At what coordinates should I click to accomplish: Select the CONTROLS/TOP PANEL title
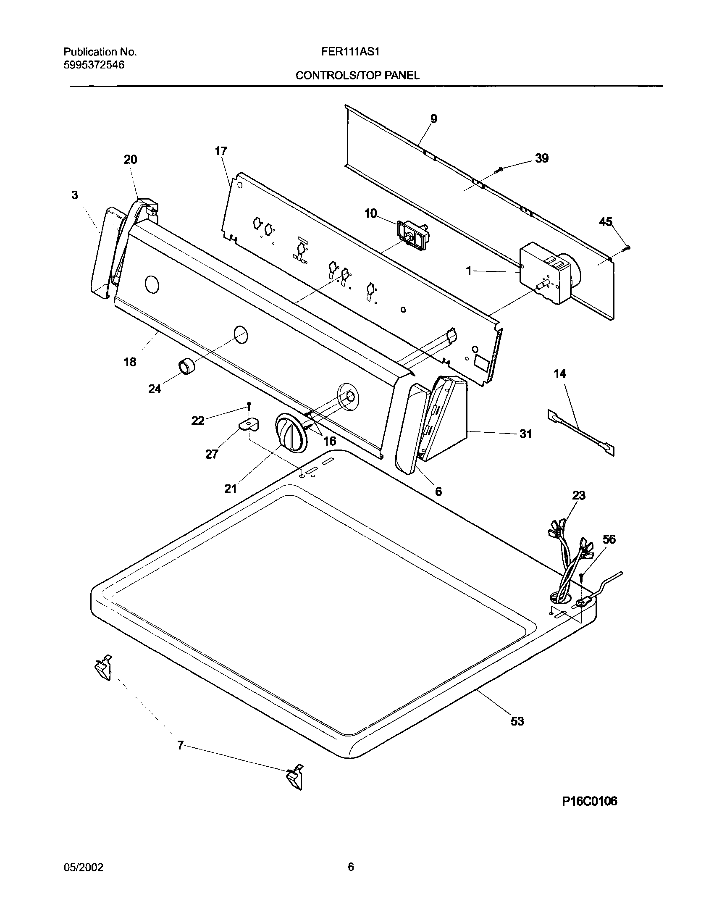pos(357,76)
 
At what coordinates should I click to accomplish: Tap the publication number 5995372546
pos(94,65)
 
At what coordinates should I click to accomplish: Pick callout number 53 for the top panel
pos(517,721)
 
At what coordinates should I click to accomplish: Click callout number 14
pos(560,373)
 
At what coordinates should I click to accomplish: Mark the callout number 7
pos(180,746)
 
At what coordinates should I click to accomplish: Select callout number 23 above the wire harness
pos(578,496)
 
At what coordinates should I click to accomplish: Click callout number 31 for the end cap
pos(525,434)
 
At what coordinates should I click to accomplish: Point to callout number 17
pos(221,151)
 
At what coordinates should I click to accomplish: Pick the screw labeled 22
pos(249,405)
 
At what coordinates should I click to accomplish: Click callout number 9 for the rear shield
pos(433,119)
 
